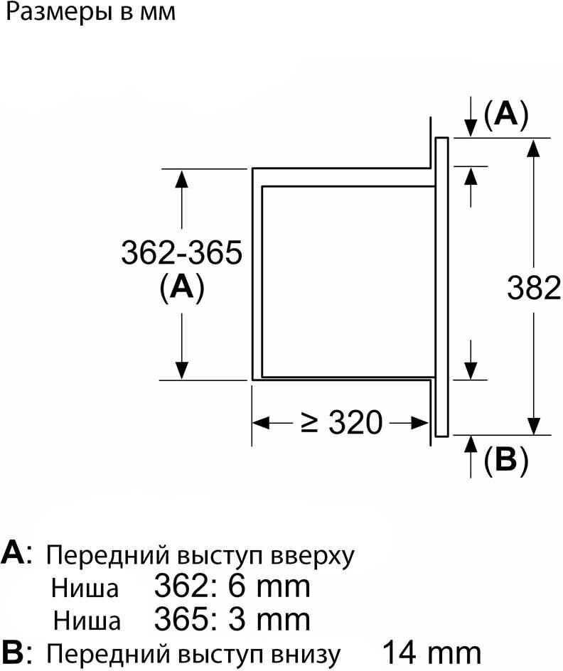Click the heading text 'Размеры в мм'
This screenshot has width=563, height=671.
click(90, 14)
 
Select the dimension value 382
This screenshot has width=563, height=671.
click(534, 287)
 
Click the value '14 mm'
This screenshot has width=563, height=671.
click(431, 652)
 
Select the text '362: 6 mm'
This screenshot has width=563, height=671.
click(232, 586)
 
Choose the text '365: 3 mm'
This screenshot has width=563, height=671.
click(232, 619)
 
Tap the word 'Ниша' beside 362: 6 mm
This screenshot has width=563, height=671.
click(85, 589)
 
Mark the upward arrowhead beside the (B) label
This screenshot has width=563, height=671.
click(471, 444)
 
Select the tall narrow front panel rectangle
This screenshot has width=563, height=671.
click(441, 286)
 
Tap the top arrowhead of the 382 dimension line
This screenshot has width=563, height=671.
click(534, 146)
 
